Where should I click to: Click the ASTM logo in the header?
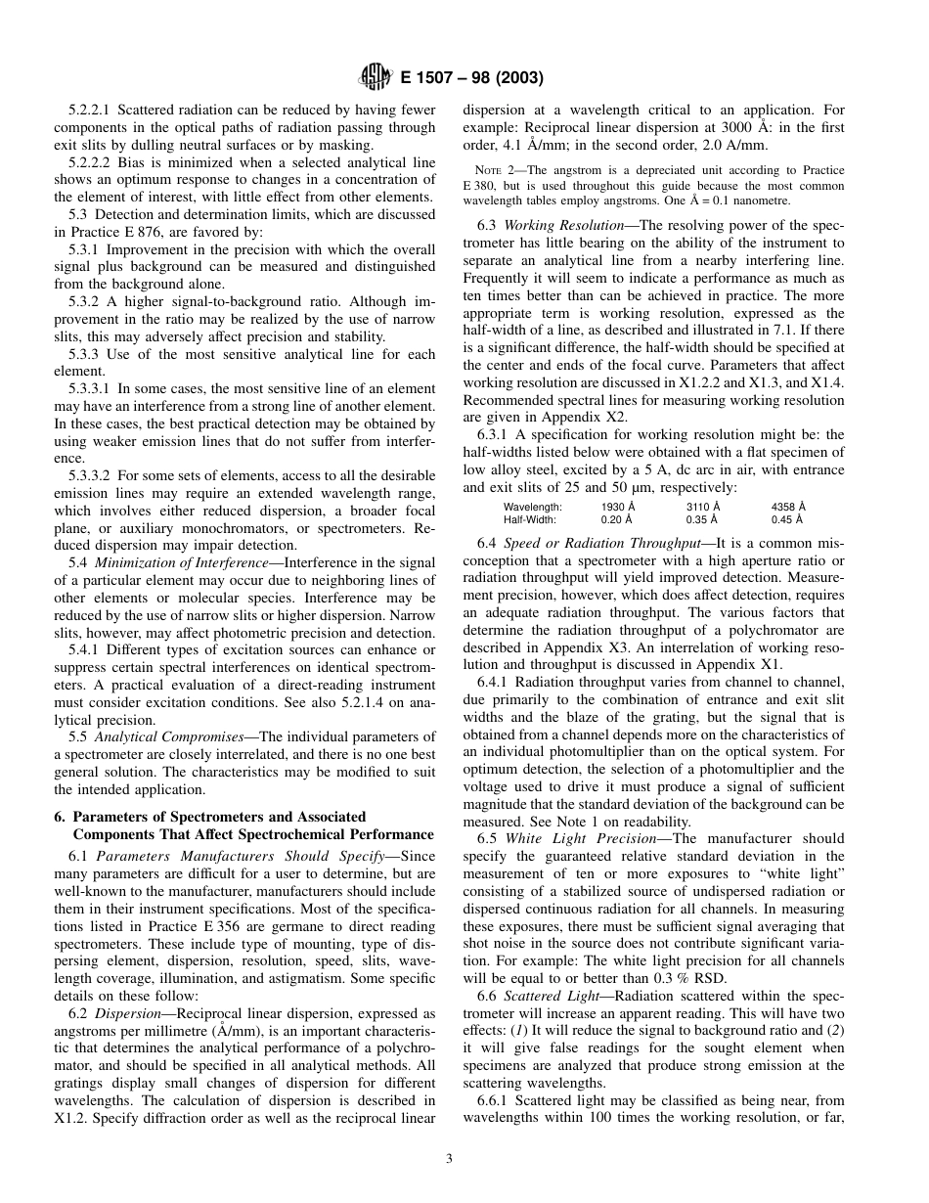[x=376, y=77]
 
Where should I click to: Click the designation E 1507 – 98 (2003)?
[x=472, y=78]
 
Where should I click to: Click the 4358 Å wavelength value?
[x=788, y=507]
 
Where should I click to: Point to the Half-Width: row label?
[x=531, y=520]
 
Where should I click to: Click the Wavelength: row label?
[x=533, y=507]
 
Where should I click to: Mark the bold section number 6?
[x=58, y=817]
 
